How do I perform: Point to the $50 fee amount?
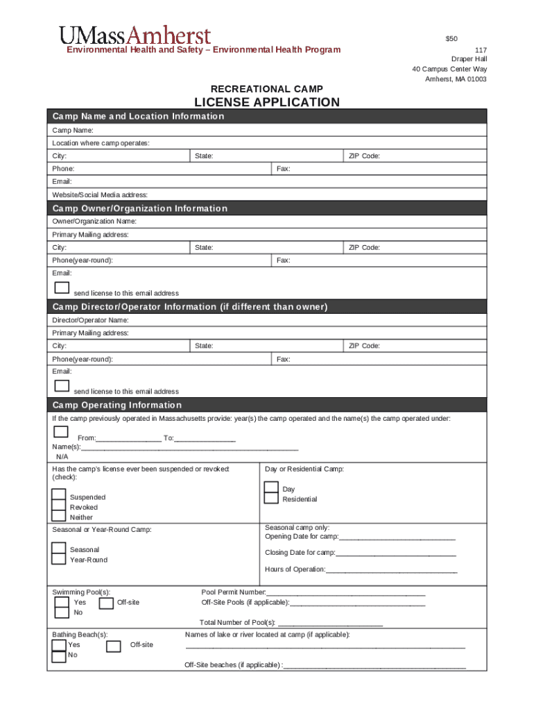click(x=451, y=38)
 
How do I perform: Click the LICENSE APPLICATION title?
click(x=266, y=103)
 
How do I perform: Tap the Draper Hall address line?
click(x=469, y=59)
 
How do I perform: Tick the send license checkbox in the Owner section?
click(x=62, y=287)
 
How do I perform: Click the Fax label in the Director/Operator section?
click(x=283, y=359)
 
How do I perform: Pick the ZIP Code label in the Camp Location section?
click(x=364, y=156)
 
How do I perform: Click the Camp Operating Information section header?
click(x=117, y=405)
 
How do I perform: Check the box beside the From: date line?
click(x=61, y=432)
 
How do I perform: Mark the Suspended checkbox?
click(x=59, y=496)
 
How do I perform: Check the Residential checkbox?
click(x=271, y=499)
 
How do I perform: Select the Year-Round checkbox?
click(x=59, y=559)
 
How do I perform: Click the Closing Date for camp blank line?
click(x=396, y=553)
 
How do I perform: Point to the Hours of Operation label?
click(x=295, y=569)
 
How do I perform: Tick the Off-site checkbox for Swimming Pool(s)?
click(x=106, y=603)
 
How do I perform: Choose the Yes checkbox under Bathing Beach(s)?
click(x=59, y=645)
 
